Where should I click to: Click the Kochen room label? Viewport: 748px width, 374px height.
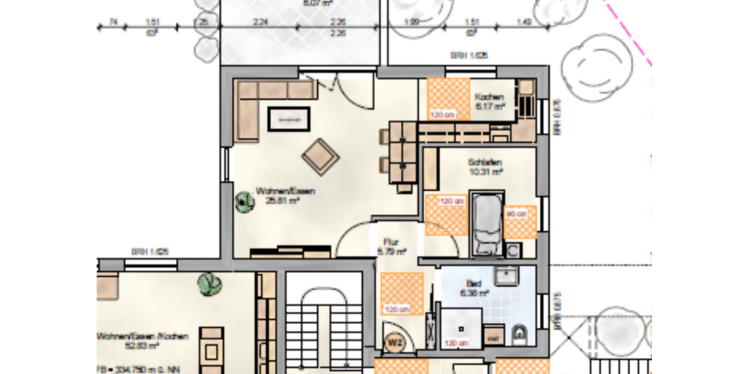489,97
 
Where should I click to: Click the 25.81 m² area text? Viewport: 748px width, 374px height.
283,201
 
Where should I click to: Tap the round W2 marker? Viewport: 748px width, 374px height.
394,342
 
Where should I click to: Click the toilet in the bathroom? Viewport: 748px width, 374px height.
519,335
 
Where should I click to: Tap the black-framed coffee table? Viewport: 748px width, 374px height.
289,119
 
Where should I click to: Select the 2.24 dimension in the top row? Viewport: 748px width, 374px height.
261,23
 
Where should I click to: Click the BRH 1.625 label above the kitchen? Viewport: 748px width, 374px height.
469,55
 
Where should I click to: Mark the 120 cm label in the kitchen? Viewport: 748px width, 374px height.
441,115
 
